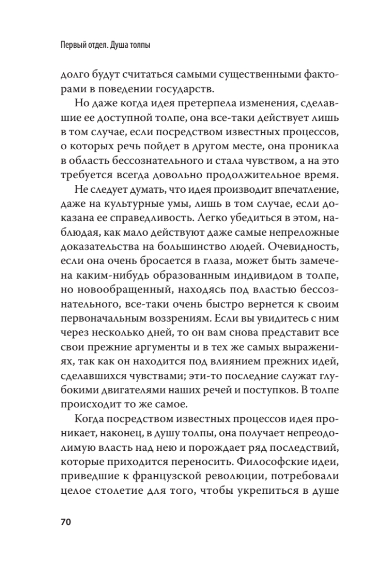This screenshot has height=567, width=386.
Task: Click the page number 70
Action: click(x=66, y=522)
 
